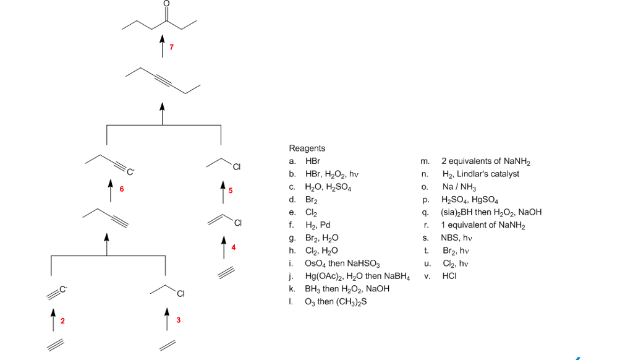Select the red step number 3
178,320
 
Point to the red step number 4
234,247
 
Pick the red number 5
231,190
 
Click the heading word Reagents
307,148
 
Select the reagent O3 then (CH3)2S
337,302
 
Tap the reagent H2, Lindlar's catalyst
480,174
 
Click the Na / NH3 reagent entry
459,187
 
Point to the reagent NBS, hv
456,238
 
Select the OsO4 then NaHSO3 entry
338,264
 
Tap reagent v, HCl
449,276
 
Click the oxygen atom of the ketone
165,4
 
